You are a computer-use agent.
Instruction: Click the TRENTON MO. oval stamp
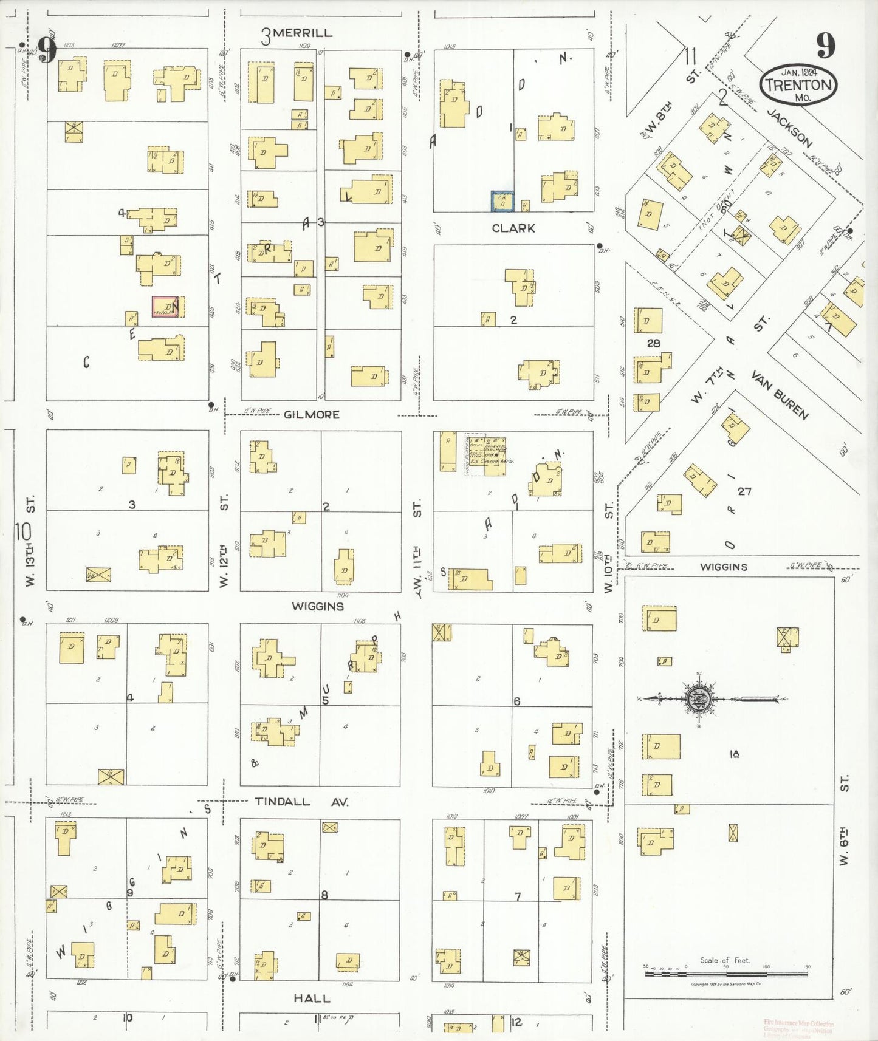coord(798,86)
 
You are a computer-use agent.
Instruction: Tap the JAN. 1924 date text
coord(798,71)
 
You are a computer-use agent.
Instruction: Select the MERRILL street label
coord(302,33)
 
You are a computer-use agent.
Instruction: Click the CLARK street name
coord(513,228)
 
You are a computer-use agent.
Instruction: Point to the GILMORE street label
coord(312,415)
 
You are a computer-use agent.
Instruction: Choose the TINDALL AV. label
coord(301,802)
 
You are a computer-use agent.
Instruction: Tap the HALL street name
coord(312,998)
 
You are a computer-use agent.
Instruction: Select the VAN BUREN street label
coord(780,395)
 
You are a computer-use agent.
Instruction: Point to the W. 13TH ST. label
coord(30,541)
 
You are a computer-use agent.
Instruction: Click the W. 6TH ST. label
coord(844,820)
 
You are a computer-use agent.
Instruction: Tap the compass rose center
coord(699,699)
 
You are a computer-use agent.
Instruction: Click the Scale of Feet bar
coord(725,974)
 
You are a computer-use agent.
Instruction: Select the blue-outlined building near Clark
coord(502,202)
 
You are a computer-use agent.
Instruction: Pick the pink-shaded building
coord(165,307)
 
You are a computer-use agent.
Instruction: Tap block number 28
coord(653,343)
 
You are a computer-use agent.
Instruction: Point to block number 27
coord(744,491)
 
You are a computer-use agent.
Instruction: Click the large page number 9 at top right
coord(825,44)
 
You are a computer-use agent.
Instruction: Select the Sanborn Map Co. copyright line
coord(725,984)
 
